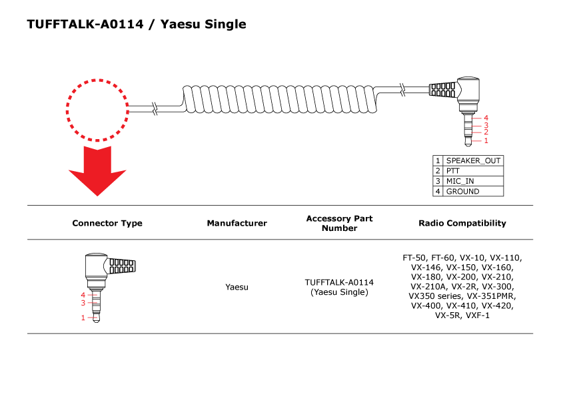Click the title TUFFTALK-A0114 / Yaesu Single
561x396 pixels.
pos(137,25)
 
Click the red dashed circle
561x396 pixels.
pos(97,110)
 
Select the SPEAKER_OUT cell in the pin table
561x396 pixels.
pos(473,160)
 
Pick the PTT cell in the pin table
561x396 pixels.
pos(473,171)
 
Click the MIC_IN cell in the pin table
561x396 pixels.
pos(473,181)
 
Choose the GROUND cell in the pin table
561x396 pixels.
pos(473,191)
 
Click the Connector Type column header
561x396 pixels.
pos(107,224)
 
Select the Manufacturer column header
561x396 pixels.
pos(237,224)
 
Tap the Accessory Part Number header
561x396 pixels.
pos(339,224)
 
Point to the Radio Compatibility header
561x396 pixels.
pos(462,224)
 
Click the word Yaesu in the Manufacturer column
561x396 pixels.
pos(237,287)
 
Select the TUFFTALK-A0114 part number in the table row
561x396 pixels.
pos(339,282)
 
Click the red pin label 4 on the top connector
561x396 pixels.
pos(486,118)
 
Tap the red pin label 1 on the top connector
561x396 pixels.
pos(486,140)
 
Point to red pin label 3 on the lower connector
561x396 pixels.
pos(83,303)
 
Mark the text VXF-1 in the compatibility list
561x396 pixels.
pos(477,315)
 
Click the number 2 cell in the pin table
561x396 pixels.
pos(438,171)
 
